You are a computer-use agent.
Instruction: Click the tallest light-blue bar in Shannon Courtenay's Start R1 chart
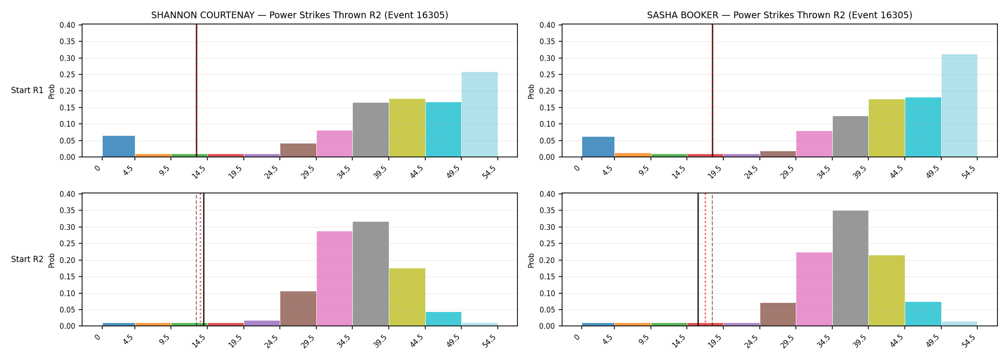coord(480,114)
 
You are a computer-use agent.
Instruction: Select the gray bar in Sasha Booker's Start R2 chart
coord(851,268)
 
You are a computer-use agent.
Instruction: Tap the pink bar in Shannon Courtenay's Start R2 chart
coord(335,278)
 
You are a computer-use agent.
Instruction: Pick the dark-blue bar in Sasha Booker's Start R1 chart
coord(598,147)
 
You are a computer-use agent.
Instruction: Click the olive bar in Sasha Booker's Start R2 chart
coord(887,290)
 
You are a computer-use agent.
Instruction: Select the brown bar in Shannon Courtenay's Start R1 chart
coord(299,150)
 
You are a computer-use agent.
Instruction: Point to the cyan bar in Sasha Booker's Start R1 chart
coord(923,127)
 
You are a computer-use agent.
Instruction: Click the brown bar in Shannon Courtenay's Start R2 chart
coord(299,309)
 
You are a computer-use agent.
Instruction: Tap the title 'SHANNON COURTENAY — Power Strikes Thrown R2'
coord(266,15)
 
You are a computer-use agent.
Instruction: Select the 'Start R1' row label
coord(27,91)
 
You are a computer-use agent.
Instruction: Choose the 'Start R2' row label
coord(27,260)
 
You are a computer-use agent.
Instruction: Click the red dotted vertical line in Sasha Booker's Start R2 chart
coord(705,260)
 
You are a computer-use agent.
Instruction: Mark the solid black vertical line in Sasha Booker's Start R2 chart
coord(698,260)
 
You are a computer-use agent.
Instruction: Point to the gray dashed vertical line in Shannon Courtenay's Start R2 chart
coord(197,260)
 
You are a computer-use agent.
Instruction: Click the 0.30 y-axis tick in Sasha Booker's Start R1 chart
coord(547,58)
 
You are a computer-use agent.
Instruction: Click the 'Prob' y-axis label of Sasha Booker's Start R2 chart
coord(531,260)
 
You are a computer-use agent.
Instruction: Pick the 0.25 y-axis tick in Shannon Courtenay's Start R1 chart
coord(68,74)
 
